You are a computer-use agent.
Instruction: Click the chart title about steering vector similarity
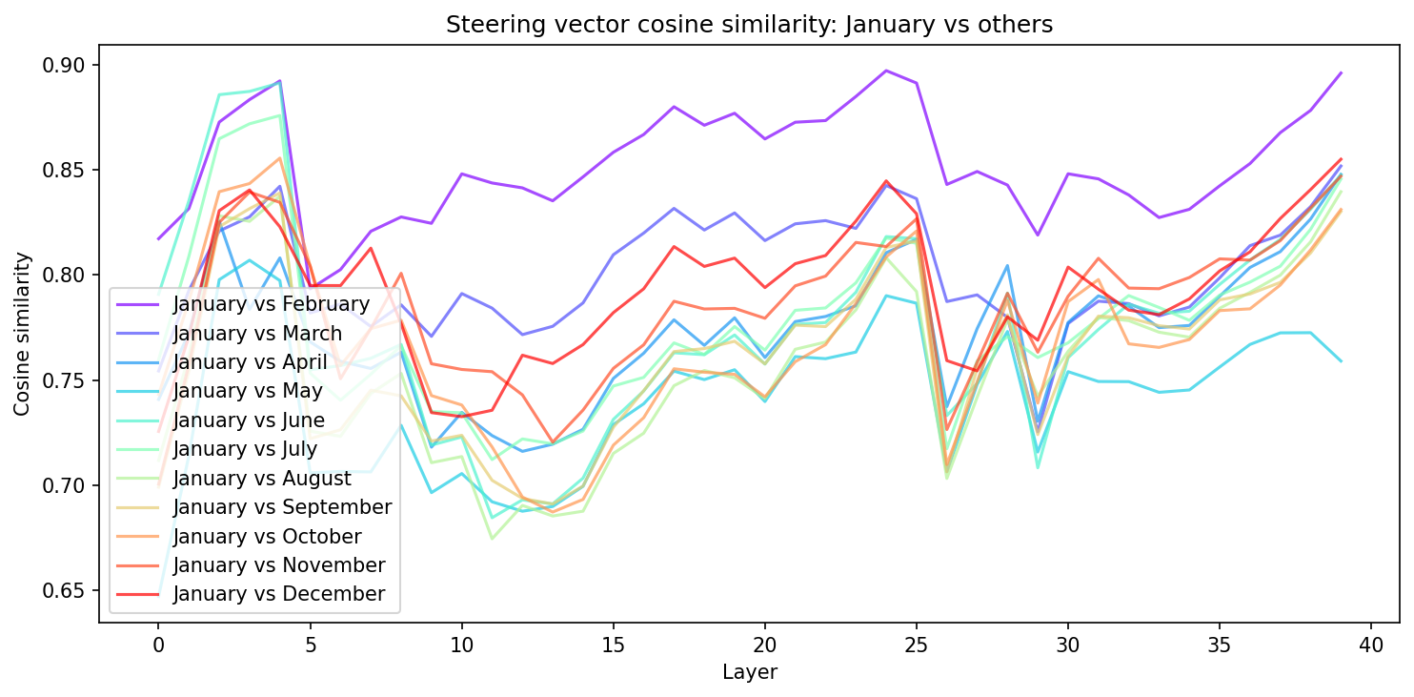coord(749,26)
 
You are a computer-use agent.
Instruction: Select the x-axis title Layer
coord(749,672)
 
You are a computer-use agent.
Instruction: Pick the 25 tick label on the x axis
coord(916,646)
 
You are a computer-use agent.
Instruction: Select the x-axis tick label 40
coord(1371,646)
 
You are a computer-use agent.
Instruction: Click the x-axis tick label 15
coord(613,646)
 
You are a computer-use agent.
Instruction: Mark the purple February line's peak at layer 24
coord(886,71)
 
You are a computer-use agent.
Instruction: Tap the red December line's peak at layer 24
coord(886,181)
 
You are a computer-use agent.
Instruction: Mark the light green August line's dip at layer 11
coord(492,539)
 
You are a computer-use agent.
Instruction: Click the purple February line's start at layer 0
coord(158,239)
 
